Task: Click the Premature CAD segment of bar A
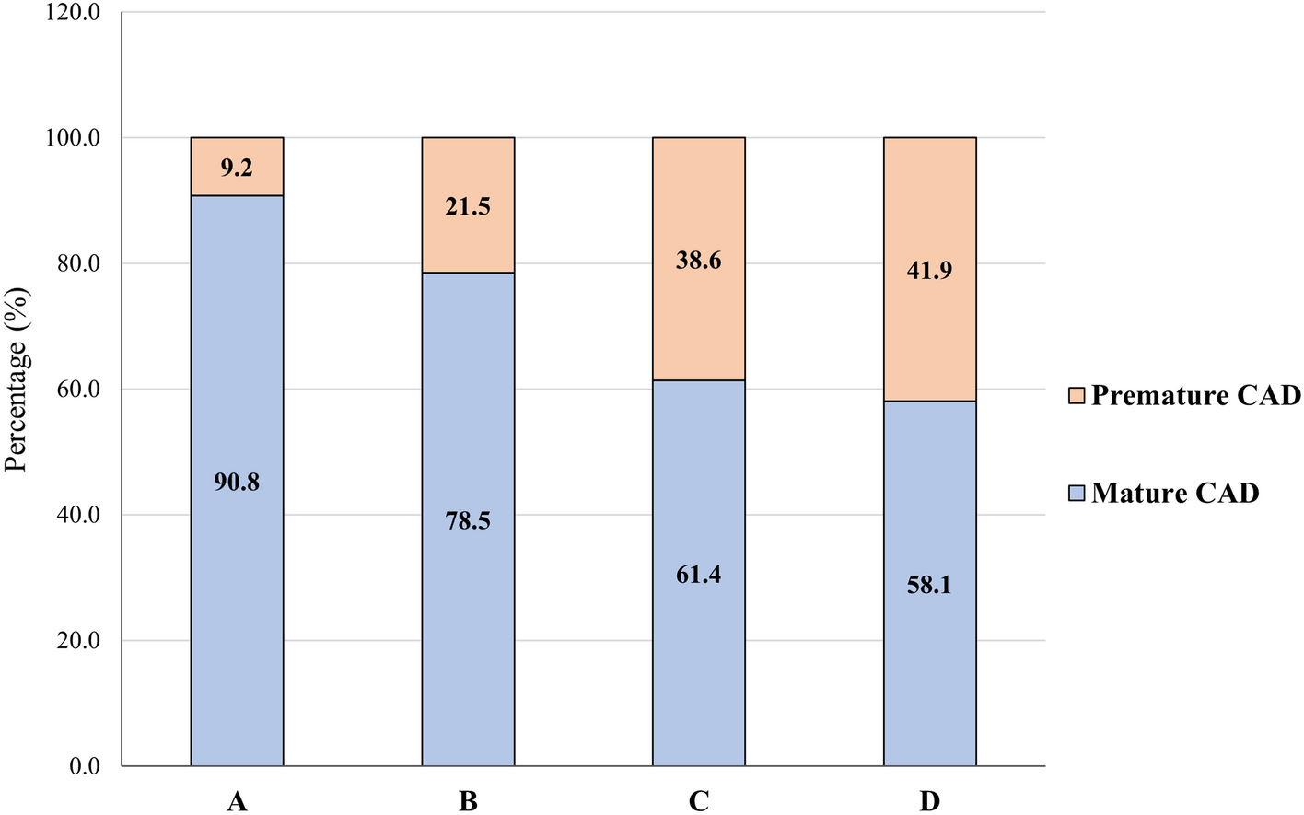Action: (x=237, y=153)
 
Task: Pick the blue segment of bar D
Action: (x=929, y=663)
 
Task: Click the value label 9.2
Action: (x=237, y=168)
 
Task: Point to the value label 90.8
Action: (x=237, y=482)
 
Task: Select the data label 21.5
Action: (x=468, y=206)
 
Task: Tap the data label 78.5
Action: (x=468, y=521)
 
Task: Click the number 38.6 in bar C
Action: (x=698, y=261)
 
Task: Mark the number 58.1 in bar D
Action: (x=929, y=585)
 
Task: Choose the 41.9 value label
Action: (x=929, y=271)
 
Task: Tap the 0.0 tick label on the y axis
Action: (x=85, y=766)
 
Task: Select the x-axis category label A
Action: (x=237, y=802)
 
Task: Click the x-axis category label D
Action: (x=929, y=802)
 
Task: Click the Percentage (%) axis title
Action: (x=17, y=379)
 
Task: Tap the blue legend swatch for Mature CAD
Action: (x=1077, y=494)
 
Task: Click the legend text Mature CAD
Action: (x=1175, y=494)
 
